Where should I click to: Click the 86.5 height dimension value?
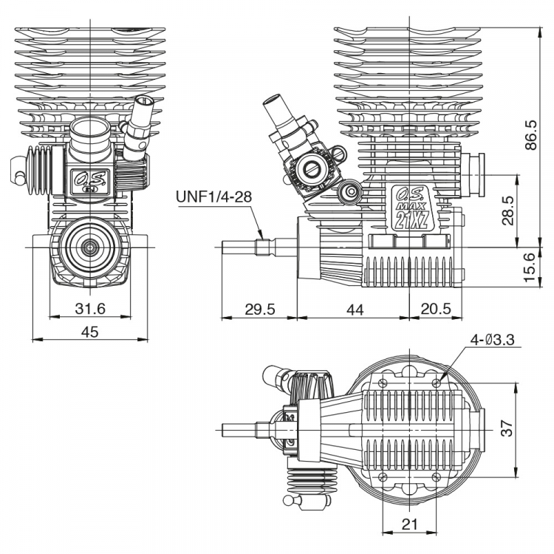pyautogui.click(x=531, y=134)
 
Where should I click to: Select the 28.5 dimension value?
pyautogui.click(x=506, y=210)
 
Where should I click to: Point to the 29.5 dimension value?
pyautogui.click(x=259, y=310)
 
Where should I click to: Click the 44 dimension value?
pyautogui.click(x=355, y=310)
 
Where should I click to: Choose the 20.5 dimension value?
pyautogui.click(x=437, y=310)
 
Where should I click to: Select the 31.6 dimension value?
pyautogui.click(x=89, y=308)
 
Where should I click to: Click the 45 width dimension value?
pyautogui.click(x=89, y=332)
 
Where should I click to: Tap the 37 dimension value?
pyautogui.click(x=506, y=429)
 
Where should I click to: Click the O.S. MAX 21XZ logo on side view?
pyautogui.click(x=411, y=208)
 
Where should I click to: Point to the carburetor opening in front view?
pyautogui.click(x=91, y=137)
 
